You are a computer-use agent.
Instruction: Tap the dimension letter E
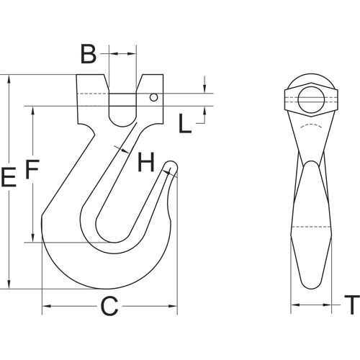pyautogui.click(x=9, y=178)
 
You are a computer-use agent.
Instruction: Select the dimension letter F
pyautogui.click(x=32, y=170)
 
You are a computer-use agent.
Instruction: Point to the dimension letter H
pyautogui.click(x=146, y=163)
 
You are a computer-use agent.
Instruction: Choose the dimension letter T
pyautogui.click(x=351, y=307)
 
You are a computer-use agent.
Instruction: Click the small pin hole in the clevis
pyautogui.click(x=154, y=96)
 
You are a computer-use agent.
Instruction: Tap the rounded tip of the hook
pyautogui.click(x=171, y=166)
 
